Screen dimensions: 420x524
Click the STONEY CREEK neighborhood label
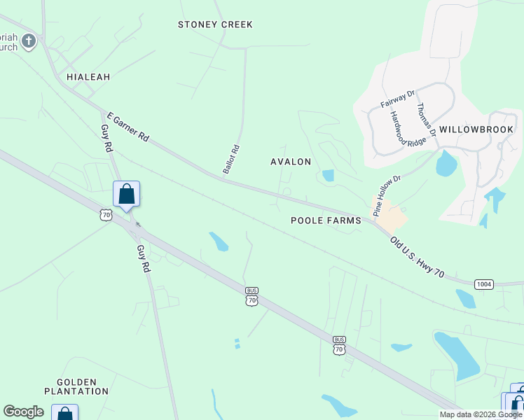215,24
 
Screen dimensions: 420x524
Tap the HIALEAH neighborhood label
88,77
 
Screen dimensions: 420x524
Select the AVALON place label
291,162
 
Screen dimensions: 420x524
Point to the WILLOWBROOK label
477,129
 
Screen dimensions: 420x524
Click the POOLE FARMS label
326,220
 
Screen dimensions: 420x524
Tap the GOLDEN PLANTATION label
76,386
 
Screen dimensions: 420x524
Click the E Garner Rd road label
127,127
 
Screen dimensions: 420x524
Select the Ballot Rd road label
232,159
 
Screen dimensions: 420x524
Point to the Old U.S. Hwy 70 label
417,256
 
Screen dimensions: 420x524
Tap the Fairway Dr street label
398,97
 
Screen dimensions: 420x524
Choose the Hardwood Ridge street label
399,129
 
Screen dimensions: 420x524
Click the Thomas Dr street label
427,120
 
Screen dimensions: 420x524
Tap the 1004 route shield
483,283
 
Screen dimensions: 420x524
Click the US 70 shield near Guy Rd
106,215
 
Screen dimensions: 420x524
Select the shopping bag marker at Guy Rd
126,193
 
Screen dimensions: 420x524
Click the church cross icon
28,41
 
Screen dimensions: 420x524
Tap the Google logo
23,412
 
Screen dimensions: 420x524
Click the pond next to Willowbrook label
446,163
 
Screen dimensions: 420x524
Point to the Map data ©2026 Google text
480,414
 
